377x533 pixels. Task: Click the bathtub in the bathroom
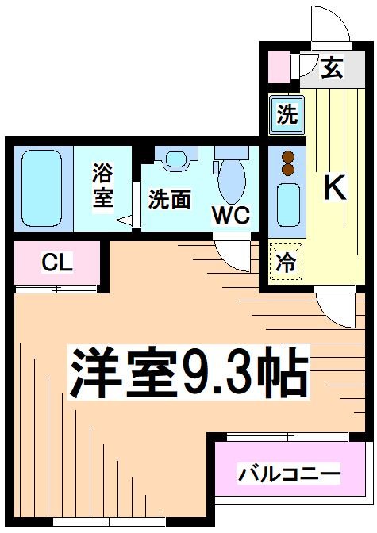click(x=41, y=188)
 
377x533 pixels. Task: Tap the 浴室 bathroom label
click(x=102, y=186)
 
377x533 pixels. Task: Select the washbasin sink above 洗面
click(x=176, y=159)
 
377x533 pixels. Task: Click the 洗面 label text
click(x=169, y=199)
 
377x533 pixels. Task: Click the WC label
click(x=231, y=214)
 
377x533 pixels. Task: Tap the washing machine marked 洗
click(x=287, y=114)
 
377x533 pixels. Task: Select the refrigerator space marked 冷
click(x=286, y=262)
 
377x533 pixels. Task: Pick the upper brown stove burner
click(x=288, y=157)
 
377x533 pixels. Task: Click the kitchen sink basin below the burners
click(x=288, y=205)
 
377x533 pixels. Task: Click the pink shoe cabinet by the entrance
click(x=279, y=67)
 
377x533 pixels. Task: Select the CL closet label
click(x=57, y=263)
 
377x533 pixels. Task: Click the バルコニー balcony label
click(x=289, y=474)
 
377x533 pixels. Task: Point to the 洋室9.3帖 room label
click(x=189, y=373)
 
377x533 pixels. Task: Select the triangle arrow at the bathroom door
click(x=124, y=220)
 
